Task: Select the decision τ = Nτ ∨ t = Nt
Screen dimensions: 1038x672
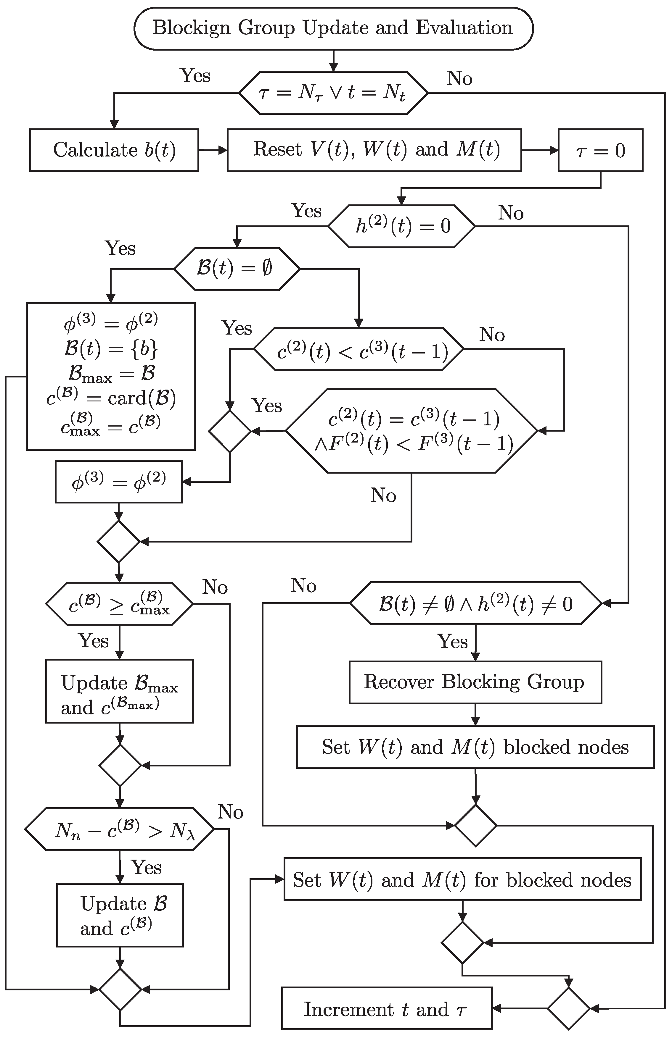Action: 333,93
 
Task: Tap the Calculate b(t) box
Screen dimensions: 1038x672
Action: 114,150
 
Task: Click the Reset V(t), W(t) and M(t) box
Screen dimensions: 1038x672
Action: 374,150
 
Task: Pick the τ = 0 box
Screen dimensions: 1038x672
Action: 600,150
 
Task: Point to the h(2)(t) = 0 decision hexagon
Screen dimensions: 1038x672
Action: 401,226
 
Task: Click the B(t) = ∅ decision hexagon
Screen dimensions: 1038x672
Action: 237,269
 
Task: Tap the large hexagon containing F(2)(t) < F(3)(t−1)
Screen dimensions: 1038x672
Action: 411,431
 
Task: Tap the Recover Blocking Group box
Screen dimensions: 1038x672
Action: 475,682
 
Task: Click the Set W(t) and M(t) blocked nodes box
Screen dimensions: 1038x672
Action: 475,747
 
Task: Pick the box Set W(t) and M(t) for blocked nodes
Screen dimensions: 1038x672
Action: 462,880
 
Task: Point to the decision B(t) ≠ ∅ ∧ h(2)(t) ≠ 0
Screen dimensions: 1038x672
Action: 475,604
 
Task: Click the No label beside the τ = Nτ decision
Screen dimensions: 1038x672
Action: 459,78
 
